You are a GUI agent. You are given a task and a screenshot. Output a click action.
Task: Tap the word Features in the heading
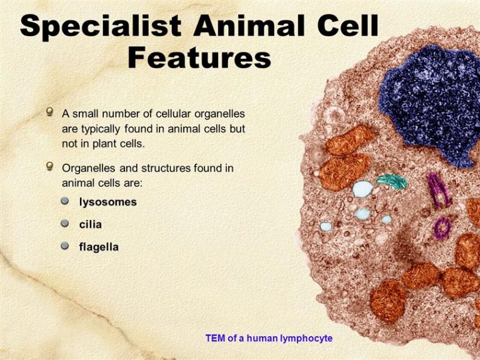(x=199, y=57)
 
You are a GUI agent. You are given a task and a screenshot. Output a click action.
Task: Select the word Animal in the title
(x=249, y=25)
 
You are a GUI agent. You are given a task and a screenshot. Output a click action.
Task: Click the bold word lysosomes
(x=107, y=202)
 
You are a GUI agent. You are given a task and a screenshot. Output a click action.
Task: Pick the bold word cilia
(x=90, y=224)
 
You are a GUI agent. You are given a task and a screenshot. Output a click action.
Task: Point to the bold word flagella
(x=99, y=247)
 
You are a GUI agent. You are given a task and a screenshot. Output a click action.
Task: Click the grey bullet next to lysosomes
(x=64, y=201)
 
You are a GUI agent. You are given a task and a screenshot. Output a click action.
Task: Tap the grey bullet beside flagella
(x=64, y=246)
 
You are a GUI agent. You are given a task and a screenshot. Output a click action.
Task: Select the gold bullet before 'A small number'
(x=49, y=111)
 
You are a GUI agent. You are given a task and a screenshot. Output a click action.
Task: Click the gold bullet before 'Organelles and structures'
(x=49, y=166)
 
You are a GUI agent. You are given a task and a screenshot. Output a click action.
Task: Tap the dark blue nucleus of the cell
(x=429, y=104)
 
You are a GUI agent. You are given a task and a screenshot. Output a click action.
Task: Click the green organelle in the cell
(x=392, y=181)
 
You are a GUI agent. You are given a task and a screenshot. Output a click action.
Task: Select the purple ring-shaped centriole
(x=442, y=227)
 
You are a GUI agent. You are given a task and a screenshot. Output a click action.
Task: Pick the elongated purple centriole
(x=438, y=191)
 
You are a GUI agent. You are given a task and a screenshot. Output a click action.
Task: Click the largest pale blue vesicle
(x=362, y=189)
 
